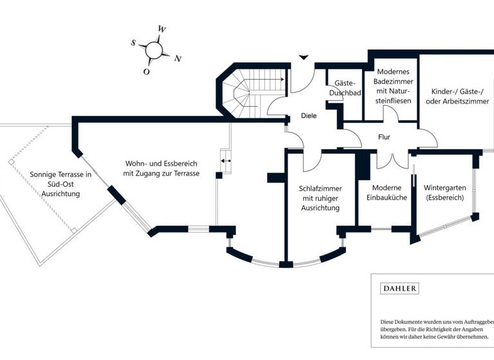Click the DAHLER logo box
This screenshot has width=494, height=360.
tap(399, 289)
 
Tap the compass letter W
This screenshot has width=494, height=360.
tap(163, 30)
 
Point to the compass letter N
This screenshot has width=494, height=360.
tap(178, 59)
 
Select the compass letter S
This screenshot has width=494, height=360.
tap(134, 43)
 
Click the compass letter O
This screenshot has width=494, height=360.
tap(147, 71)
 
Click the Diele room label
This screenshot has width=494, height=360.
tap(309, 116)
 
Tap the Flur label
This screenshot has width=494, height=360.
tap(384, 137)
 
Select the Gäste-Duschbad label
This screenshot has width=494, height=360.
tap(345, 88)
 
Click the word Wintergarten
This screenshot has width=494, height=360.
tap(444, 187)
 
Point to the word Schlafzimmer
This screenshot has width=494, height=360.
tap(320, 188)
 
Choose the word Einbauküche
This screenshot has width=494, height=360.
tap(386, 197)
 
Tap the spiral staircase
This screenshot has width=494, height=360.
tap(245, 93)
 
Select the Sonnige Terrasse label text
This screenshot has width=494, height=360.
tap(61, 184)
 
